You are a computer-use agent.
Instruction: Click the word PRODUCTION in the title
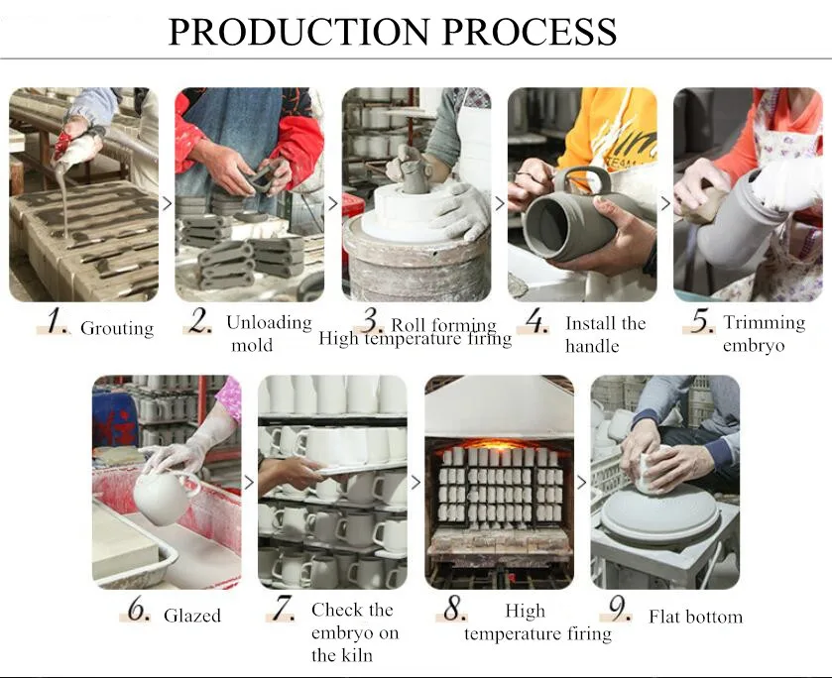[298, 32]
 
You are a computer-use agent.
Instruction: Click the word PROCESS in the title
[530, 32]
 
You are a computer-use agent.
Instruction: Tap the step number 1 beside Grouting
[57, 321]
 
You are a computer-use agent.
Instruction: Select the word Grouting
[117, 328]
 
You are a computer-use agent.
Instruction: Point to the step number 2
[199, 320]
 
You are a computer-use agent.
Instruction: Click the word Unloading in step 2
[269, 322]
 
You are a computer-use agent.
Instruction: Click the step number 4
[536, 321]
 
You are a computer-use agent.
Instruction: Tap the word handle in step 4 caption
[592, 346]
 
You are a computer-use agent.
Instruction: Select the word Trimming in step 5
[765, 322]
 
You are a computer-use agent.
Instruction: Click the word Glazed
[192, 616]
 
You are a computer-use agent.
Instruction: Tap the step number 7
[283, 608]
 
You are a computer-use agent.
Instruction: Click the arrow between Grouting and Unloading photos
[168, 203]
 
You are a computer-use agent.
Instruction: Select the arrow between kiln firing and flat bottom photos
[582, 483]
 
